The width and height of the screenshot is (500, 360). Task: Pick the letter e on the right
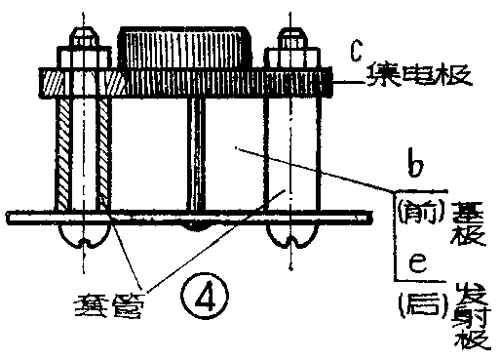416,264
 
